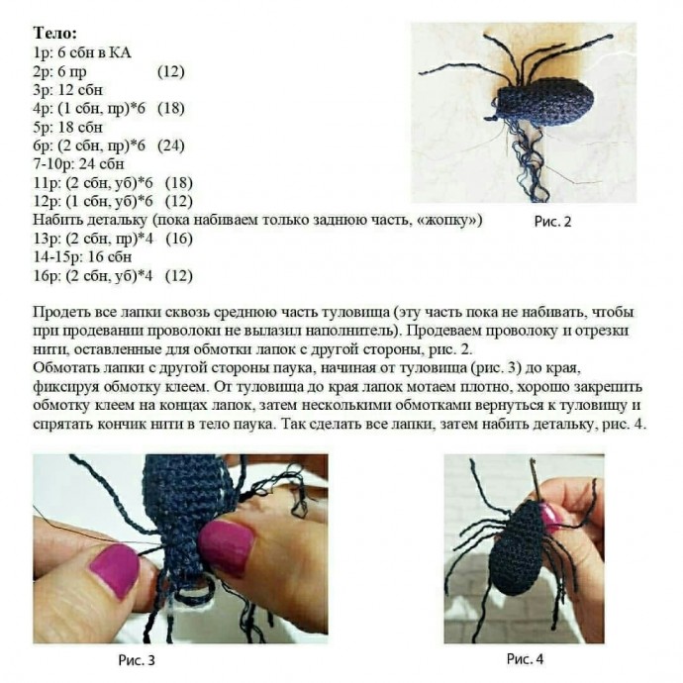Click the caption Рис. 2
[552, 222]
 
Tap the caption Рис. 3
[136, 658]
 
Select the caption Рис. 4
[525, 658]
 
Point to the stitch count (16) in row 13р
[178, 239]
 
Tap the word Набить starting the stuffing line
[55, 220]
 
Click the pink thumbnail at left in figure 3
[114, 570]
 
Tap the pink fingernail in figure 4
[550, 515]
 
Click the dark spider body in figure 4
[518, 549]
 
